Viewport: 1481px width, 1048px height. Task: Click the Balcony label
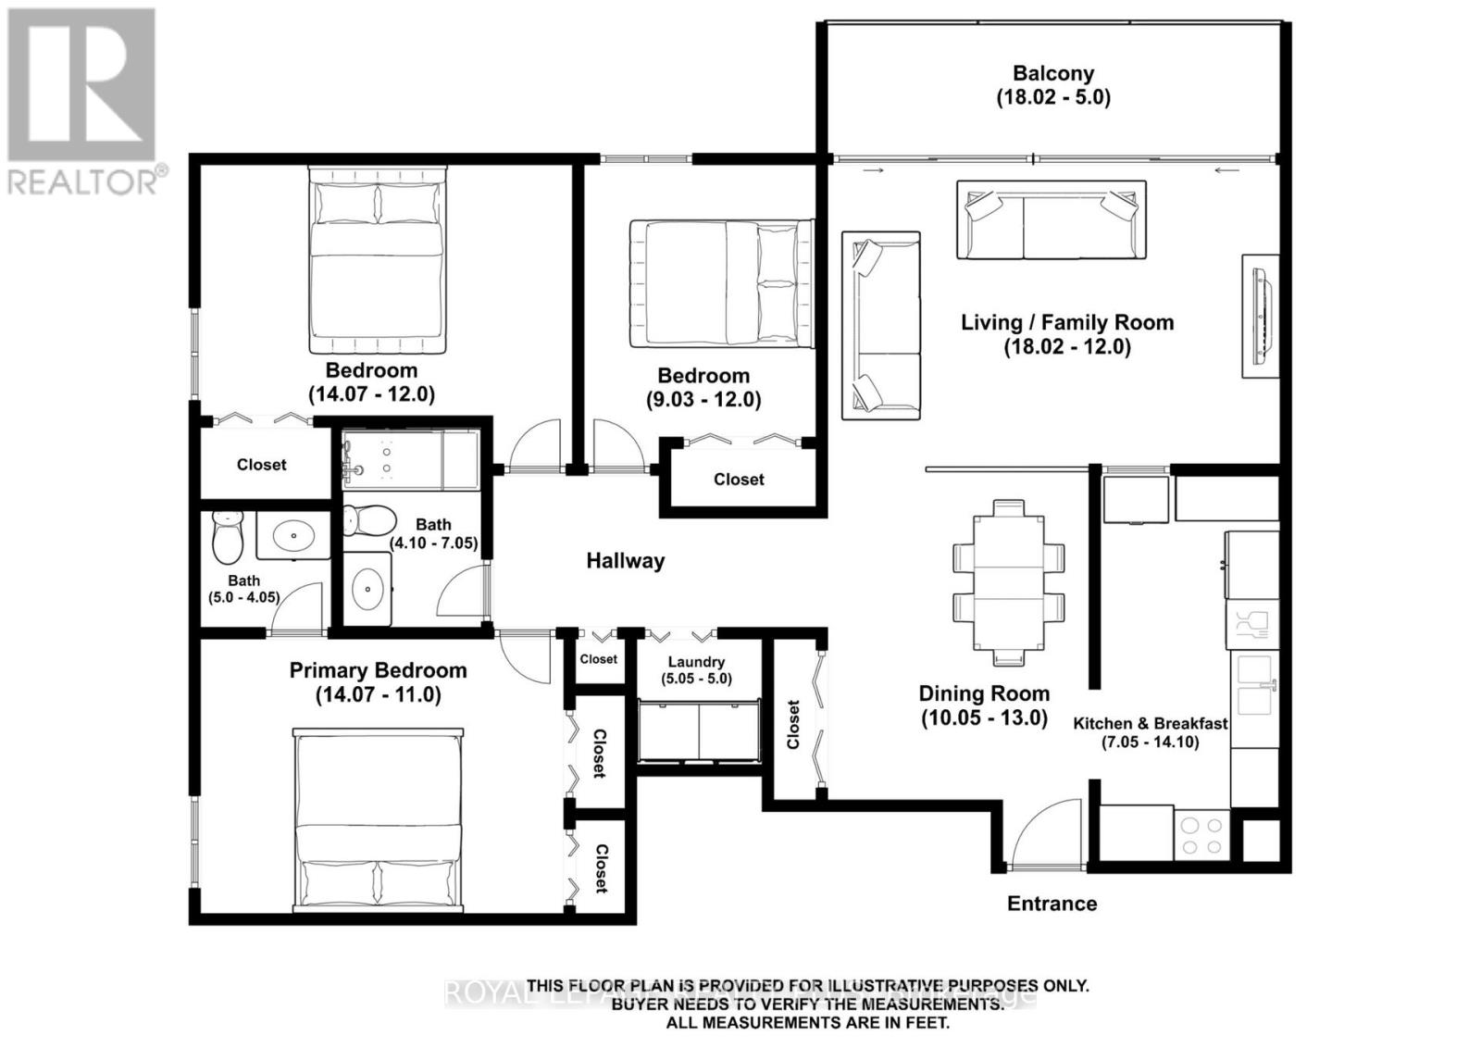coord(1052,73)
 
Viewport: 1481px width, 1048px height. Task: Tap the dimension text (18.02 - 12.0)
coord(1067,347)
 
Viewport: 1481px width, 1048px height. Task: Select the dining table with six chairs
coord(1008,582)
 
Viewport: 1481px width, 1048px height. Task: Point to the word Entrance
coord(1052,904)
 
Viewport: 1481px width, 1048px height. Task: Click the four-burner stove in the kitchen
coord(1201,835)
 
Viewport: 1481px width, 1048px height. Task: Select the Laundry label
coord(696,662)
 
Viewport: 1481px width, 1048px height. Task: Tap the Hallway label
coord(625,561)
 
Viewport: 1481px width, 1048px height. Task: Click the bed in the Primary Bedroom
coord(378,819)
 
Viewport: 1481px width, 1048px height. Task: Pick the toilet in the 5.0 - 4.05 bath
coord(227,539)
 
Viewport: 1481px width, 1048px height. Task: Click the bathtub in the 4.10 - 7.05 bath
coord(410,460)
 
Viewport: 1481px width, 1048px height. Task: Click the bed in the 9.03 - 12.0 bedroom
coord(721,283)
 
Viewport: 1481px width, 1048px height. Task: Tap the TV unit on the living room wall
coord(1260,316)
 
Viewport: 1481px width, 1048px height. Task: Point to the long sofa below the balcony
coord(1051,220)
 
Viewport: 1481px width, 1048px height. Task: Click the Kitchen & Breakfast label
coord(1150,724)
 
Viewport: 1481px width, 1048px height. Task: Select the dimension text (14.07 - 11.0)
coord(378,694)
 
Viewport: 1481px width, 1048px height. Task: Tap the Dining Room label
coord(984,693)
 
